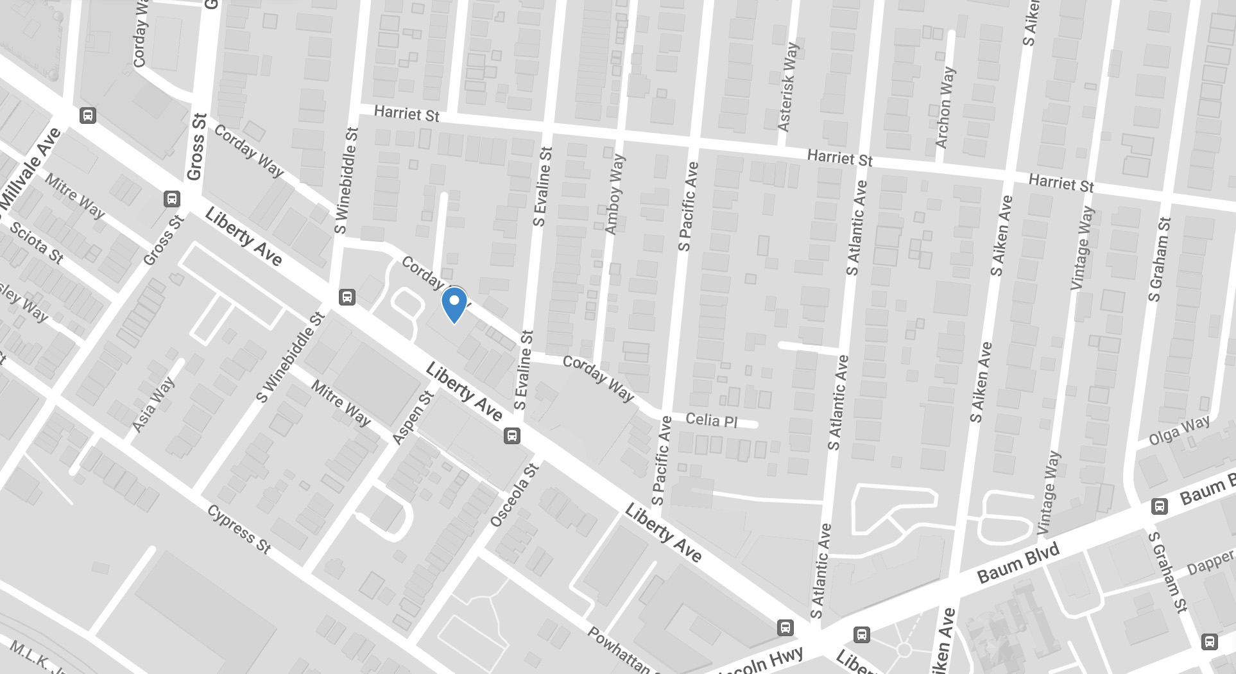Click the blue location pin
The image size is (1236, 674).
click(x=454, y=304)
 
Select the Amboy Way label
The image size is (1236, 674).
click(x=614, y=194)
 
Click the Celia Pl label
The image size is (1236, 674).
click(x=712, y=420)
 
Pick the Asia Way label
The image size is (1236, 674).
click(x=153, y=405)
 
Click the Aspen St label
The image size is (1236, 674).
click(x=413, y=417)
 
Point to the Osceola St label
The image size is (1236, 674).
click(x=514, y=496)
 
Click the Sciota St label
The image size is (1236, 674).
click(x=36, y=243)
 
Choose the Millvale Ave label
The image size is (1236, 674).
click(x=30, y=170)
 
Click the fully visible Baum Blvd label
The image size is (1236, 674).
click(x=1018, y=562)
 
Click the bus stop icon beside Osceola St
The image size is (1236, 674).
click(x=511, y=436)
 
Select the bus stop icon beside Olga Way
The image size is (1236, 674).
click(x=1159, y=506)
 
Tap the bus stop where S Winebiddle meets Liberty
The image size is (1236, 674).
click(x=347, y=297)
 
